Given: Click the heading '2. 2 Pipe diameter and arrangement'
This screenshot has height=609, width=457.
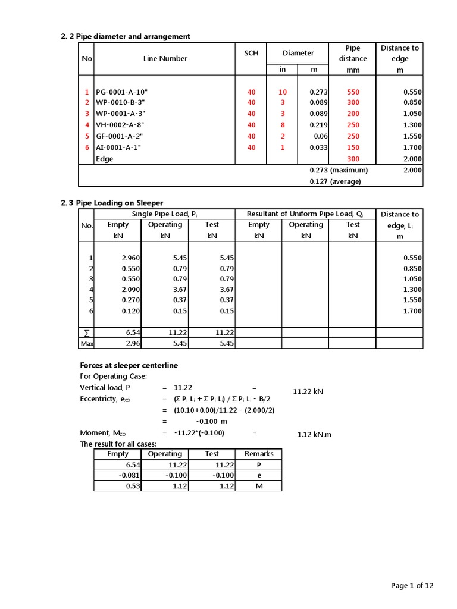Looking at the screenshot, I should [x=126, y=37].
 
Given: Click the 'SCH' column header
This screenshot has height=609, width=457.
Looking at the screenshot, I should [x=251, y=53].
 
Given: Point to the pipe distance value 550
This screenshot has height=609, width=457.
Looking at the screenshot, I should [x=353, y=92].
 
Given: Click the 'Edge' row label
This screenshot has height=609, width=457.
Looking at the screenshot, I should [x=104, y=159].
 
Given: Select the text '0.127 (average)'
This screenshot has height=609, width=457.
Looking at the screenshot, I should [x=335, y=181].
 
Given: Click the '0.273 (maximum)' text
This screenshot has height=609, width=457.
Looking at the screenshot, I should [x=339, y=170].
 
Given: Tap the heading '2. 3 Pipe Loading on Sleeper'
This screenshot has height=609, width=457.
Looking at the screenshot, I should [x=112, y=203].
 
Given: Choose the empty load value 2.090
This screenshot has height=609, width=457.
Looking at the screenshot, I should [x=130, y=289].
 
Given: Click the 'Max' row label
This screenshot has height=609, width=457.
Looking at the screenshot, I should [x=87, y=344].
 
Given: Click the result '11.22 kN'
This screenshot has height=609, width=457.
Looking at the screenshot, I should [x=308, y=391].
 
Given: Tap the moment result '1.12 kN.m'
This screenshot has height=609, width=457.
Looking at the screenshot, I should [x=314, y=434].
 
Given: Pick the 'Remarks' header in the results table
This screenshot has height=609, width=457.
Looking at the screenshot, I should [x=258, y=454].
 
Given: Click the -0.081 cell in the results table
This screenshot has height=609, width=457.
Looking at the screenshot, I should [x=127, y=475].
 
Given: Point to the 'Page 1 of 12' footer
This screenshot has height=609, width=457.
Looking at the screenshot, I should [x=412, y=586].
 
